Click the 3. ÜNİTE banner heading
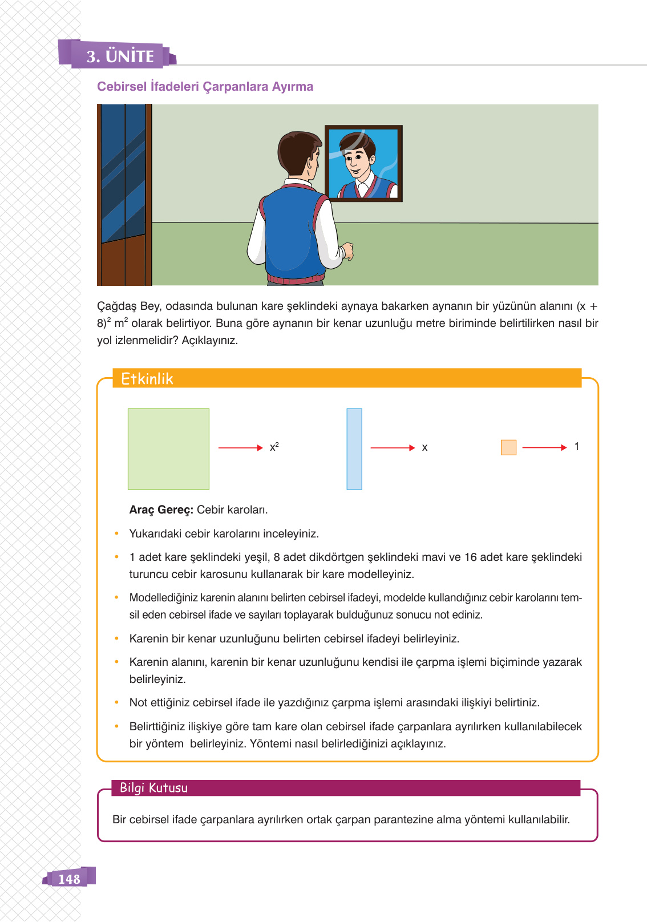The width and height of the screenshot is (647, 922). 120,56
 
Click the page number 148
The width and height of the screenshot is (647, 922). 69,879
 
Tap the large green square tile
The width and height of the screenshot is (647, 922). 168,449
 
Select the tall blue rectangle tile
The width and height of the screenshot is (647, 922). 354,449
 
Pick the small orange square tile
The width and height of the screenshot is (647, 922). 508,447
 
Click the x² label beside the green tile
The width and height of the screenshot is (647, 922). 274,447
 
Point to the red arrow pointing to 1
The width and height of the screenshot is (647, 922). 544,448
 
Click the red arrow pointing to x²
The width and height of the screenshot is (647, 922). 240,448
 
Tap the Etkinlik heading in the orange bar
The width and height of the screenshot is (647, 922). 147,379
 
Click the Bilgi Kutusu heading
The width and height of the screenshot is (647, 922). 153,788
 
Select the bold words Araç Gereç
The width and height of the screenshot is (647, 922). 161,509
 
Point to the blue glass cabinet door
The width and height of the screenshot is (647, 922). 123,171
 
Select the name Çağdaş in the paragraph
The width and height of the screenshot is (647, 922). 117,306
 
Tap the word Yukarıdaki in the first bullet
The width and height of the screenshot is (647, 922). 155,533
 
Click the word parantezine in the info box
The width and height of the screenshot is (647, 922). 403,820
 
